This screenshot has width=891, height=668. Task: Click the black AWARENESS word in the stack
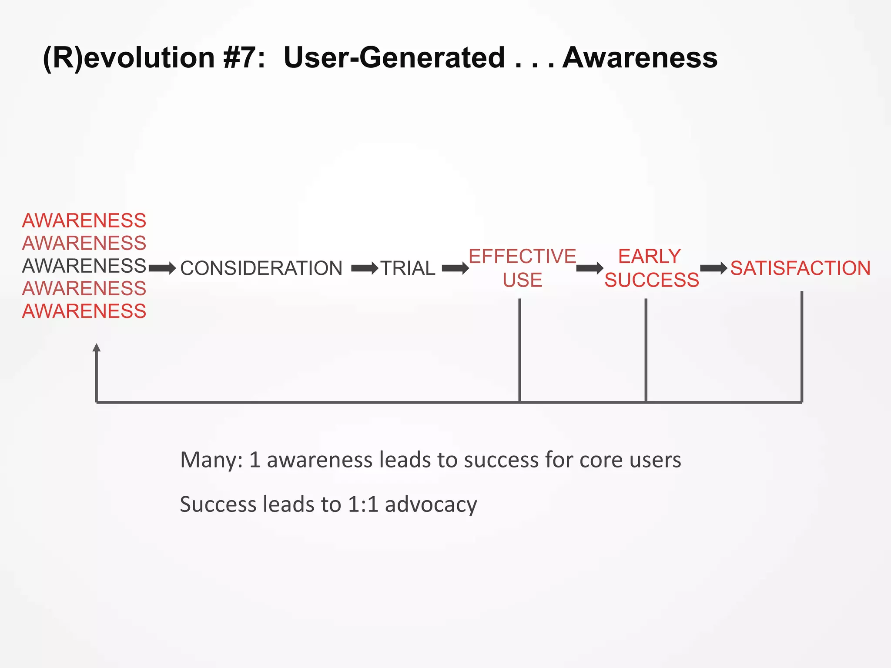(84, 266)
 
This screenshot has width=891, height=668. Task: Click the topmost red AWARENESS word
(84, 220)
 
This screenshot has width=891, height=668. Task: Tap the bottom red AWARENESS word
(84, 311)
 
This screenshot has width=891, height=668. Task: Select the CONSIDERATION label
(261, 268)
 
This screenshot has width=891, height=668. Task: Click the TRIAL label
(408, 268)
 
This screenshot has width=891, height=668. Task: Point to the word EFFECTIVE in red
(522, 256)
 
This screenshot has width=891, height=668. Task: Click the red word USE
(522, 280)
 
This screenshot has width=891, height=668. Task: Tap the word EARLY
(649, 256)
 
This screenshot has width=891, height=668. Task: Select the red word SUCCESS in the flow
(651, 280)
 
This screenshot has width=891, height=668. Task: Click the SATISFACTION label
(800, 268)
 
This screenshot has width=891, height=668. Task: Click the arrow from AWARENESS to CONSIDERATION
(162, 268)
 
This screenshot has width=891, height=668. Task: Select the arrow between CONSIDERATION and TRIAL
(365, 268)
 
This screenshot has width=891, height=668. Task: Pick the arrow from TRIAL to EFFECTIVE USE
(455, 268)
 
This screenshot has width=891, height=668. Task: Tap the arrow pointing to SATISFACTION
(713, 268)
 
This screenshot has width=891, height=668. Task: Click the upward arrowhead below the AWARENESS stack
(97, 347)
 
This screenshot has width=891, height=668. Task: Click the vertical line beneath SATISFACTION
(801, 348)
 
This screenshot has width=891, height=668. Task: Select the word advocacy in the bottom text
(431, 504)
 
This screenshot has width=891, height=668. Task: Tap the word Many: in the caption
(211, 460)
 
